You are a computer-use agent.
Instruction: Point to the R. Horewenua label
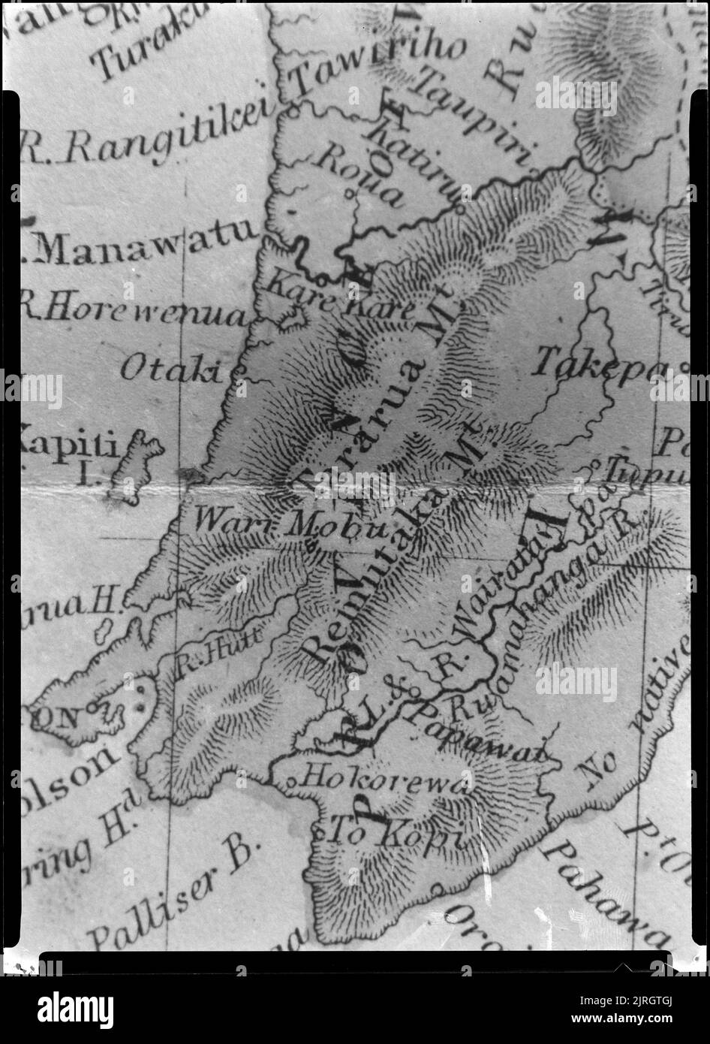134,312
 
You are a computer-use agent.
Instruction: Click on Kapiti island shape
137,466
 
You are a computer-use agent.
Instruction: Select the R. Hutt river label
218,650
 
